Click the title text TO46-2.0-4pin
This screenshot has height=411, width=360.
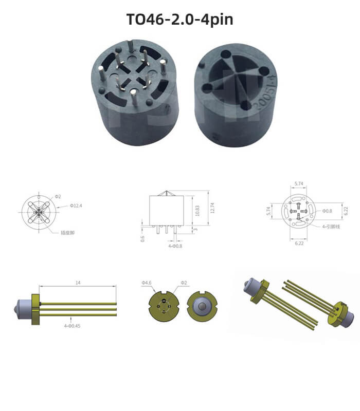179,19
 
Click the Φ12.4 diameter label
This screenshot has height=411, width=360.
76,206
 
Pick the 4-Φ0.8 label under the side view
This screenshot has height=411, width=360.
175,246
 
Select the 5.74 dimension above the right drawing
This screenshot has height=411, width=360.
298,183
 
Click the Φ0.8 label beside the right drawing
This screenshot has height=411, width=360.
328,211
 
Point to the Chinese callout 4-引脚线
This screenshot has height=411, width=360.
331,226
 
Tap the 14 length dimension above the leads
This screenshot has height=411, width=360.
78,282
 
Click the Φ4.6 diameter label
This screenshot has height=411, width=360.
146,283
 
